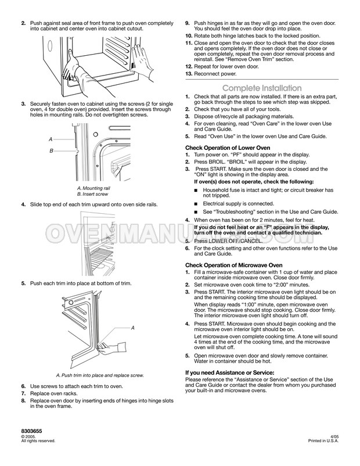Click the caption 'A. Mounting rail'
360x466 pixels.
tap(95, 189)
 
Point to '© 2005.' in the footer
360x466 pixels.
tap(28, 436)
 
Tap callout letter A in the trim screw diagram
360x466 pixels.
tap(132, 328)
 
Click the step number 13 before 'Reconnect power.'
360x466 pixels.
tap(188, 74)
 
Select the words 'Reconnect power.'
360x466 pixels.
tap(215, 74)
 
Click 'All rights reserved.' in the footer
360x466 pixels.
tap(38, 441)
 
